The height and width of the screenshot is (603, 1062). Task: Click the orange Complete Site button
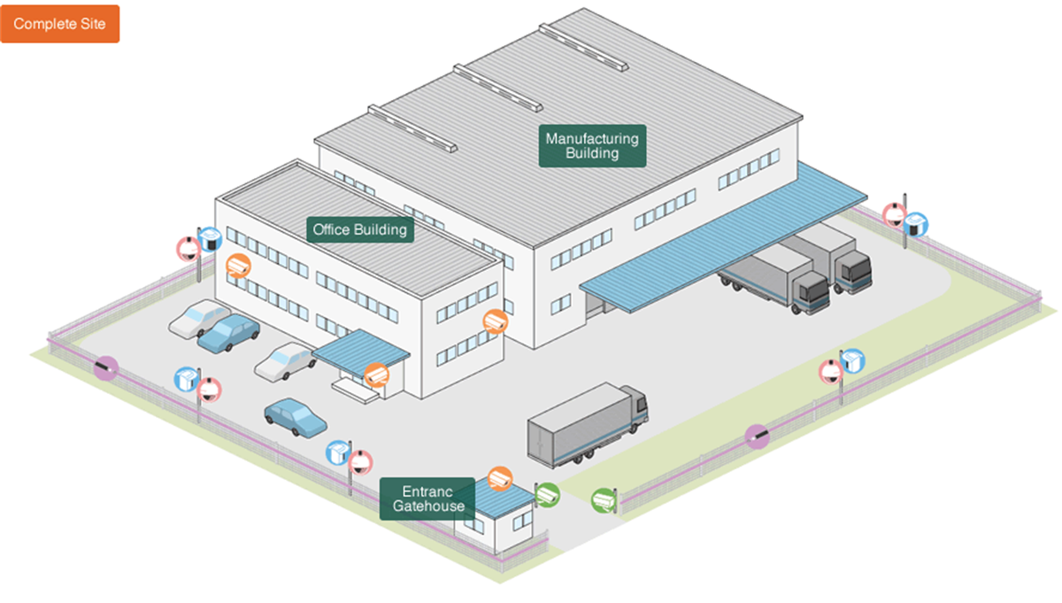click(x=59, y=24)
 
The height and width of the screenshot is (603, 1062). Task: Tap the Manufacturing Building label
click(x=592, y=146)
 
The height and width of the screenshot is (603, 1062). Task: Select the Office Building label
click(x=360, y=230)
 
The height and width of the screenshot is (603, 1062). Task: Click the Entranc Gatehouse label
click(x=427, y=499)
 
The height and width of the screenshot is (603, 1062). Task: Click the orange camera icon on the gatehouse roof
click(x=500, y=478)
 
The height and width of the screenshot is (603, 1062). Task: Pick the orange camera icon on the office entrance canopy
click(x=377, y=375)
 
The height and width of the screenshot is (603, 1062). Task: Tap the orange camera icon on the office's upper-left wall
click(x=238, y=265)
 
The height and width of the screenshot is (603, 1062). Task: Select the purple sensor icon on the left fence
click(x=106, y=365)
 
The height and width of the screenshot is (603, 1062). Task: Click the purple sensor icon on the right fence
click(x=757, y=435)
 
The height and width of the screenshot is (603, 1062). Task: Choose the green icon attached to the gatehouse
click(x=547, y=495)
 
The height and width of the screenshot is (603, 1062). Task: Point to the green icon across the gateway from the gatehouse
click(x=604, y=500)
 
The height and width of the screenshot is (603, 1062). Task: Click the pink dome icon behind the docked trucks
click(x=895, y=214)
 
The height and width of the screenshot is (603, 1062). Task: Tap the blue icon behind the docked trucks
click(x=917, y=224)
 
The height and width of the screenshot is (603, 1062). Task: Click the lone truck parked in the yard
click(x=587, y=424)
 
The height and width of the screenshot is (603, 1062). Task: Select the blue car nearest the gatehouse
click(x=296, y=415)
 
